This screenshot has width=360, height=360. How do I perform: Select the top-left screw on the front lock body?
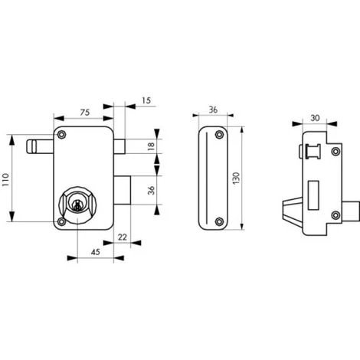click(63, 135)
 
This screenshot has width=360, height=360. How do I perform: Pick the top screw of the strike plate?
click(220, 135)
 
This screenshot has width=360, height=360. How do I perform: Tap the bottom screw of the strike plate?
click(220, 223)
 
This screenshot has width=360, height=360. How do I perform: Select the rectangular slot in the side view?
click(313, 191)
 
